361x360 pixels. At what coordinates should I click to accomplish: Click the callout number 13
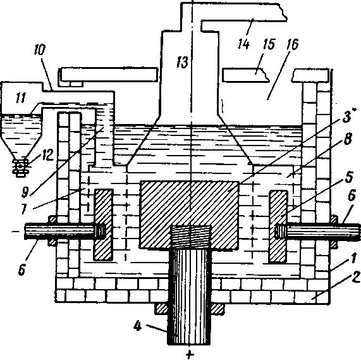(x=182, y=62)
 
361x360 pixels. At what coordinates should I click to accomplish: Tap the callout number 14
(x=243, y=44)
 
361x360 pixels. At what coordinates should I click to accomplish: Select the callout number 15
(x=269, y=44)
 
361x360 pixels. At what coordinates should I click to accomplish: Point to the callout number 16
(x=292, y=44)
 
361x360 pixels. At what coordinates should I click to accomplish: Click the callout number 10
(x=40, y=50)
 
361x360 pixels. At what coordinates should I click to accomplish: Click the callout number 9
(x=25, y=192)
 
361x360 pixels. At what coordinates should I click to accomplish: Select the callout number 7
(x=25, y=209)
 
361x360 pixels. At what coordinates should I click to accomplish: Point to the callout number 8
(x=348, y=139)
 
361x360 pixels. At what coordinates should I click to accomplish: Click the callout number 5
(x=348, y=177)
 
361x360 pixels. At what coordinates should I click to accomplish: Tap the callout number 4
(x=137, y=326)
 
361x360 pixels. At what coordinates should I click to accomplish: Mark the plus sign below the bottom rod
(x=189, y=355)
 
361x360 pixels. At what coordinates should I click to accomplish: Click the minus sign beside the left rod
(x=16, y=231)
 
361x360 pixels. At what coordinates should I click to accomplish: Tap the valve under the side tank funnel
(x=21, y=166)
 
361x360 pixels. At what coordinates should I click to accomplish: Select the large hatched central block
(x=189, y=214)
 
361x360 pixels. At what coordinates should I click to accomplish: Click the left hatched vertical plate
(x=104, y=225)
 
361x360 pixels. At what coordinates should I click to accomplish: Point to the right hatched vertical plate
(x=279, y=227)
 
